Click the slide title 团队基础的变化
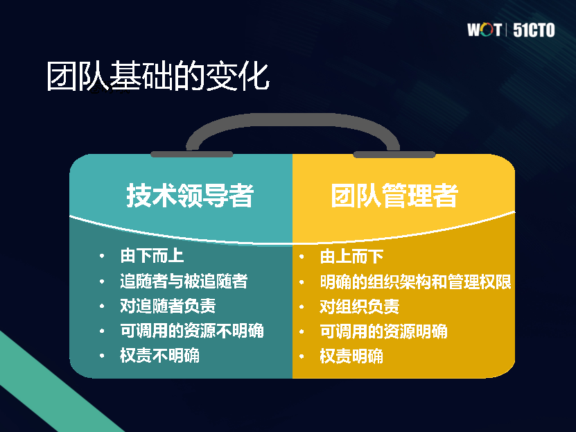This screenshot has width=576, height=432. [x=158, y=76]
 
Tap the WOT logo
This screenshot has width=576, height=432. [x=485, y=30]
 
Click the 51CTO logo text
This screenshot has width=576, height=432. [x=534, y=30]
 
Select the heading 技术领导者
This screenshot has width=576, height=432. [x=190, y=195]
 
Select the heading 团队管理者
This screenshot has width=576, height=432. [x=394, y=195]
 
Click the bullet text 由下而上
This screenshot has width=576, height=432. [x=152, y=256]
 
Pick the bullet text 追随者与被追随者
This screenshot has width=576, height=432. [x=184, y=281]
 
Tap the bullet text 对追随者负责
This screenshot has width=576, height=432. [x=168, y=306]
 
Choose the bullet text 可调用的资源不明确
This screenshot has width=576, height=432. [x=192, y=331]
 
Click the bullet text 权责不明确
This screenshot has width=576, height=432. [x=160, y=355]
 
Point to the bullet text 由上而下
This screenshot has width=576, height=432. [x=351, y=257]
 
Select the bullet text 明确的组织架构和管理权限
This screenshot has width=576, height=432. [x=415, y=282]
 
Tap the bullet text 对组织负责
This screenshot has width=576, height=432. [x=360, y=306]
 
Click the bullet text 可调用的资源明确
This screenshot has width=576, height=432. [x=383, y=331]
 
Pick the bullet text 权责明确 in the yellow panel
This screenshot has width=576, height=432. [x=351, y=356]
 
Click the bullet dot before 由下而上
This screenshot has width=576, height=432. [x=102, y=256]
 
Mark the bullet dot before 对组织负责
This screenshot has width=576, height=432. [x=302, y=306]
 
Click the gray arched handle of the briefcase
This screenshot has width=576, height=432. [x=293, y=119]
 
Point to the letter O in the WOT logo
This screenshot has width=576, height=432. [x=486, y=30]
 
